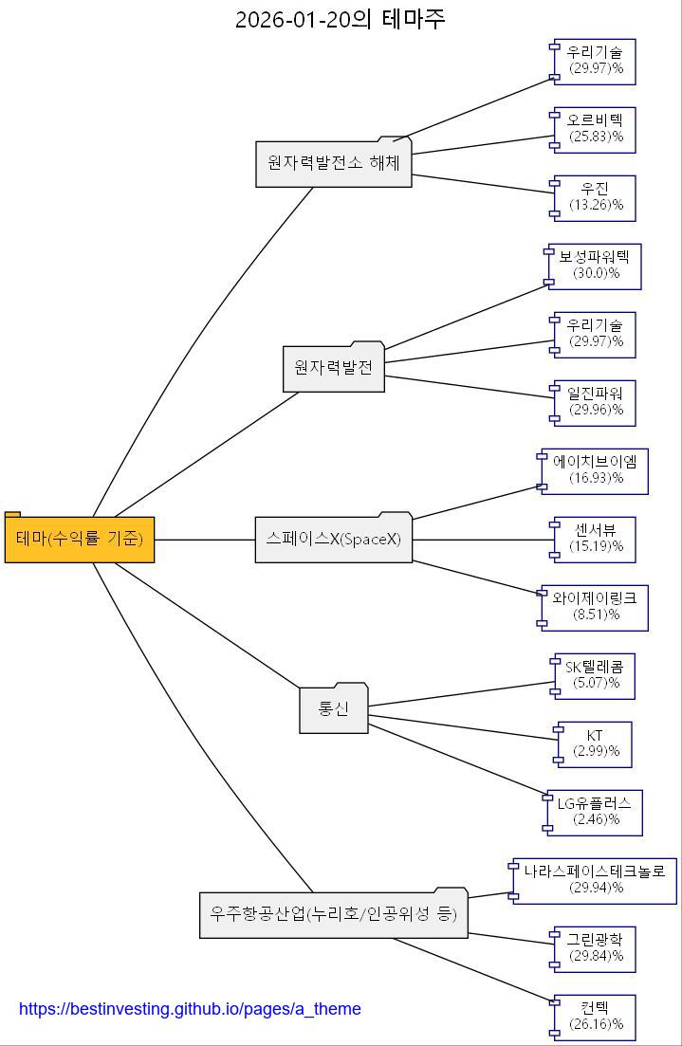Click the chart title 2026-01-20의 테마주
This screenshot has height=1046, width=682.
pyautogui.click(x=340, y=19)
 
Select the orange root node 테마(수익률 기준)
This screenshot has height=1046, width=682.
pyautogui.click(x=80, y=540)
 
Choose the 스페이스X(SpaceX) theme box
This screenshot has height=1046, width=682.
pyautogui.click(x=334, y=540)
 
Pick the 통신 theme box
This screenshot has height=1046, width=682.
pyautogui.click(x=334, y=709)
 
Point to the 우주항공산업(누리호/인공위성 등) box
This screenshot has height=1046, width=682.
pyautogui.click(x=334, y=914)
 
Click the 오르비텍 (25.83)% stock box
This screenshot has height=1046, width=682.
pyautogui.click(x=596, y=129)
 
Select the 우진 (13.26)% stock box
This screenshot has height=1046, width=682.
pyautogui.click(x=596, y=197)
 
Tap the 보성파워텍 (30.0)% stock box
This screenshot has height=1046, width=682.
pyautogui.click(x=596, y=266)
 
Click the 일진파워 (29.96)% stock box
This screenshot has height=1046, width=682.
pyautogui.click(x=596, y=402)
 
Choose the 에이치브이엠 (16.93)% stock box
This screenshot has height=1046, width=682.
pyautogui.click(x=596, y=470)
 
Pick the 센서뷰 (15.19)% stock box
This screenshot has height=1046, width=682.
pyautogui.click(x=596, y=539)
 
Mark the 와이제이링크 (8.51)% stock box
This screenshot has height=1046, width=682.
pyautogui.click(x=596, y=607)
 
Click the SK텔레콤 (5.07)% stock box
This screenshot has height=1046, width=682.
pyautogui.click(x=596, y=675)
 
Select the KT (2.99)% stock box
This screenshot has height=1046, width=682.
pyautogui.click(x=596, y=743)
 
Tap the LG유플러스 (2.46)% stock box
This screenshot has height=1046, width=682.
pyautogui.click(x=596, y=812)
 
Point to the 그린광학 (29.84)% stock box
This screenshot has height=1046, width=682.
pyautogui.click(x=596, y=948)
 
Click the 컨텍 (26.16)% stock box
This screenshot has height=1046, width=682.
pyautogui.click(x=596, y=1017)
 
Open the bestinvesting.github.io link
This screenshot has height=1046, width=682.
pyautogui.click(x=190, y=1009)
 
